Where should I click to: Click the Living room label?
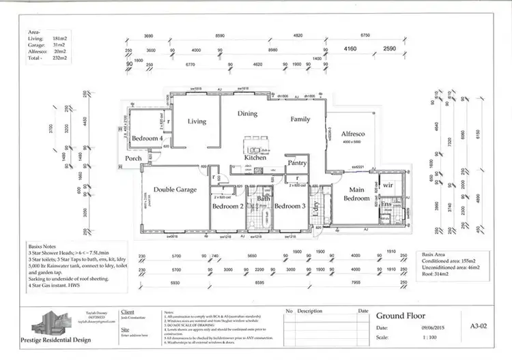coord(197,121)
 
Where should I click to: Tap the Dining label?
coord(246,115)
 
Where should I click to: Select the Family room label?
coord(300,119)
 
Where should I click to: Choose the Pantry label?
coord(297,164)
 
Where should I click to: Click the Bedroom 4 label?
coord(147,138)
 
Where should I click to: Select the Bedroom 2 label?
coord(227,206)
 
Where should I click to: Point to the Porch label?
coord(134,159)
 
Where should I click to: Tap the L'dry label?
coord(316,207)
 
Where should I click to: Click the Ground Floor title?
coord(402,316)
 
